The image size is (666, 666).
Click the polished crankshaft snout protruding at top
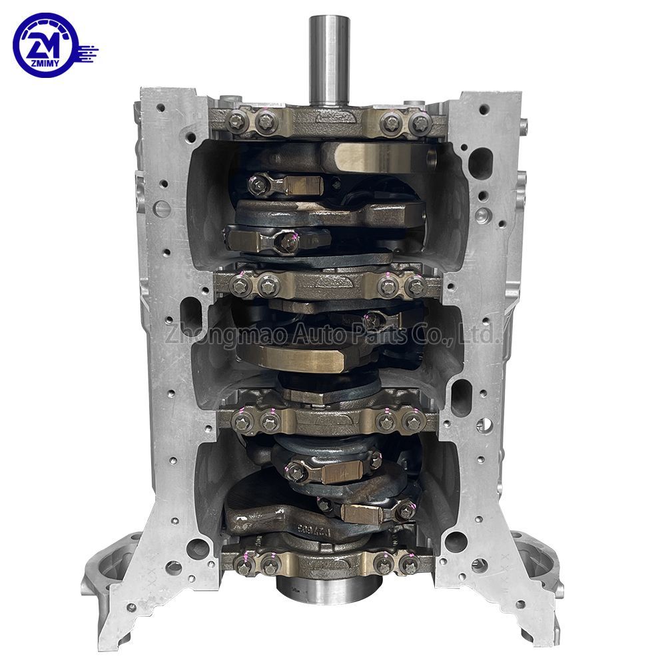pos(326,60)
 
